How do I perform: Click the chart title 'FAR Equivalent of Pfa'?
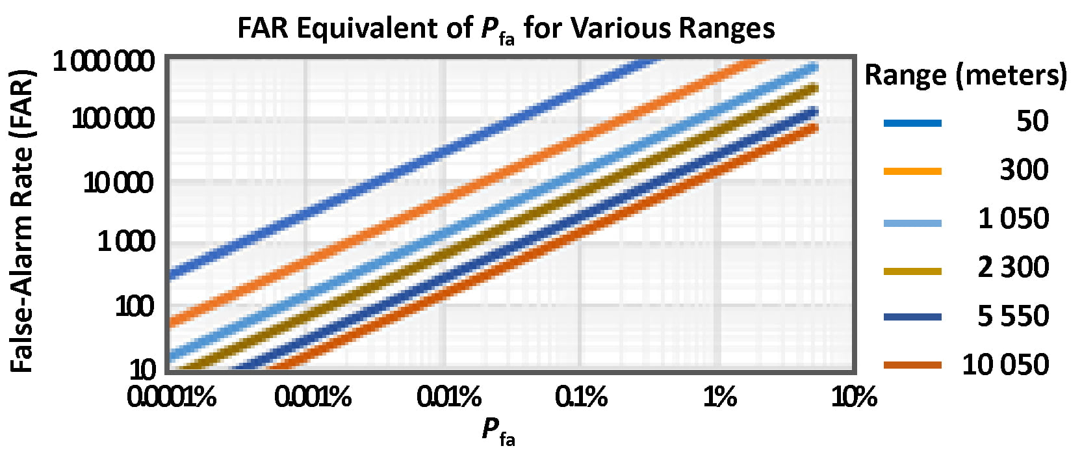point(505,29)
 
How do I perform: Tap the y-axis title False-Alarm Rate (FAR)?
point(22,221)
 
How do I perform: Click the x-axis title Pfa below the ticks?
point(498,431)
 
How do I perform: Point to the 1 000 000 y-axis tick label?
point(104,62)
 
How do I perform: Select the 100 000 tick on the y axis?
point(114,119)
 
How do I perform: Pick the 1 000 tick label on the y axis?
point(127,242)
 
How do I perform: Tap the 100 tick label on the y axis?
point(136,306)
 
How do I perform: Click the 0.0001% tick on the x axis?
point(172,397)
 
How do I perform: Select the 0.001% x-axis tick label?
point(313,397)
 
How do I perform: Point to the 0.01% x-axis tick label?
point(449,397)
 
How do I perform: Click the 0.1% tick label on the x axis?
point(582,397)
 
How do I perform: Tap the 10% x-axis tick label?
point(855,397)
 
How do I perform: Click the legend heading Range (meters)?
point(965,75)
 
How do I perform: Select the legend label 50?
point(1032,121)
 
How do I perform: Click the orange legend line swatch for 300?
point(912,171)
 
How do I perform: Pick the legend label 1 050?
point(1013,218)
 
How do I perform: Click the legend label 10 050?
point(1005,365)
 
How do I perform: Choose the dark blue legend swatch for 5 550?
point(912,317)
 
